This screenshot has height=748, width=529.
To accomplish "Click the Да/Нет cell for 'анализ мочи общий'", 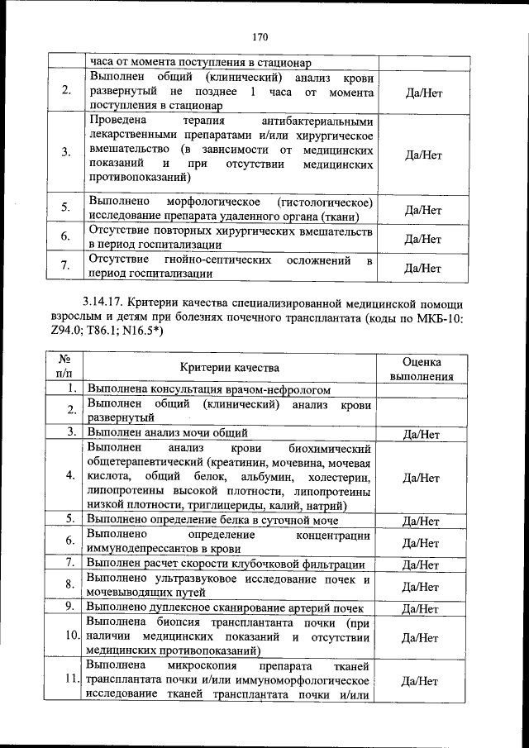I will [421, 432].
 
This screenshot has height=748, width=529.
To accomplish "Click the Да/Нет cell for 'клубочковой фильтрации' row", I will [421, 565].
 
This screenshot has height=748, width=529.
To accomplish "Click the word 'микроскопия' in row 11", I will [202, 666].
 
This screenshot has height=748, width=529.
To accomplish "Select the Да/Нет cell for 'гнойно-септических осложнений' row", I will [421, 268].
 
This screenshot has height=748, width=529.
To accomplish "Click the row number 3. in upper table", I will [65, 153].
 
